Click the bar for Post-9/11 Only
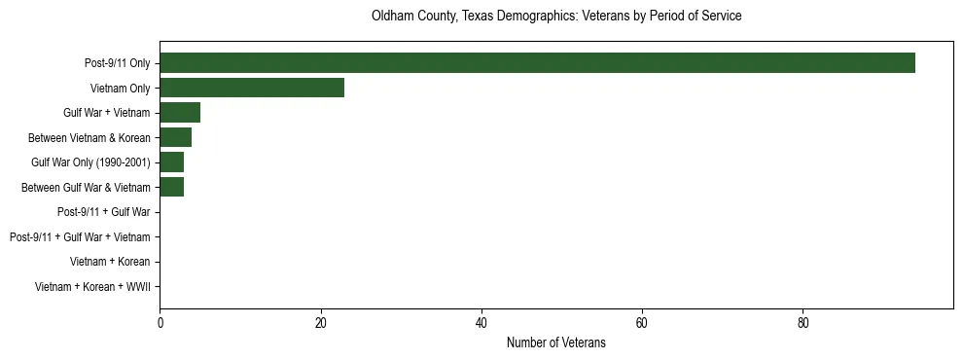pos(537,63)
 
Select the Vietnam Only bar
pos(252,88)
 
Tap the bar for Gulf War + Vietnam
pos(180,113)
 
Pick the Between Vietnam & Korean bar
pos(176,137)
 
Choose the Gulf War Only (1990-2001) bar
pos(172,162)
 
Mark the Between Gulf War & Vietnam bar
pos(172,187)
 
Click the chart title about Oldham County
pos(556,17)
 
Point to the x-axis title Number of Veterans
pos(556,342)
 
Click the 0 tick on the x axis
pos(160,324)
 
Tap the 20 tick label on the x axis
pos(321,324)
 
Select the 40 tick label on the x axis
pos(481,324)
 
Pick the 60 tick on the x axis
pos(642,324)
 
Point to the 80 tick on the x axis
pos(802,324)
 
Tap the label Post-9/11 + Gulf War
pos(103,212)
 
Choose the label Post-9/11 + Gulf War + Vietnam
pos(80,237)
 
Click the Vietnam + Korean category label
pos(110,262)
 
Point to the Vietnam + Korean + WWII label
pos(92,287)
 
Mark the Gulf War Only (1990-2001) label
pos(90,162)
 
